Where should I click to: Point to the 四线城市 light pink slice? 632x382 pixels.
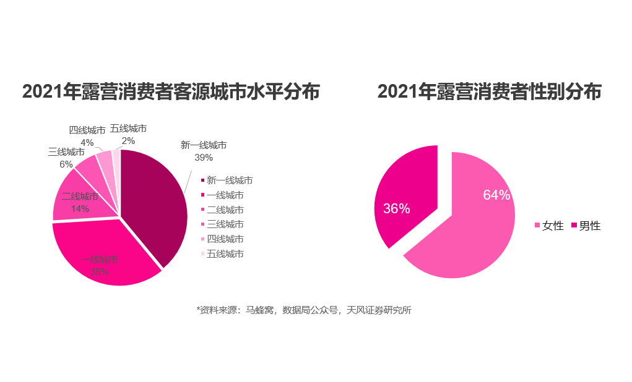(105, 162)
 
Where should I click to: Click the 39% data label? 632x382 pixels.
(204, 158)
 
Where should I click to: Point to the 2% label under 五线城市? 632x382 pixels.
(128, 141)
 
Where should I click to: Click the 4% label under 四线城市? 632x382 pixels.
(87, 143)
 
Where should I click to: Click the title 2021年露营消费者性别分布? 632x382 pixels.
(489, 92)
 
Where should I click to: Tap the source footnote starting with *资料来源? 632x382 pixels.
(303, 310)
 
